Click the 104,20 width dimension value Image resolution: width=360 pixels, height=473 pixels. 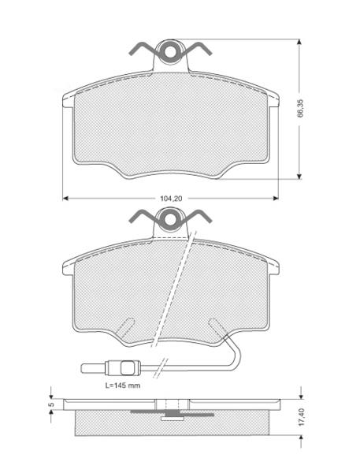(x=171, y=199)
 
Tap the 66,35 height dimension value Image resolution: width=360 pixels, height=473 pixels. (x=301, y=108)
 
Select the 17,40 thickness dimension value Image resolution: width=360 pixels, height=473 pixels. (x=302, y=417)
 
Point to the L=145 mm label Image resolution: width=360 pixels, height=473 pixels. (x=123, y=385)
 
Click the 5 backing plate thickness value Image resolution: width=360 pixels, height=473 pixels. (x=51, y=404)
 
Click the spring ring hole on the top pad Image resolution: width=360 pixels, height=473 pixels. (x=171, y=52)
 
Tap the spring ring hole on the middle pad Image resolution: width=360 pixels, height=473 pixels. (x=171, y=219)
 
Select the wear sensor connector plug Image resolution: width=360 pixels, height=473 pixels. (x=122, y=368)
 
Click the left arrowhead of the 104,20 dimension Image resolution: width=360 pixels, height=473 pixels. (x=66, y=199)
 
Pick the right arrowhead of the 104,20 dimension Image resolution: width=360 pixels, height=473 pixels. (x=275, y=199)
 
